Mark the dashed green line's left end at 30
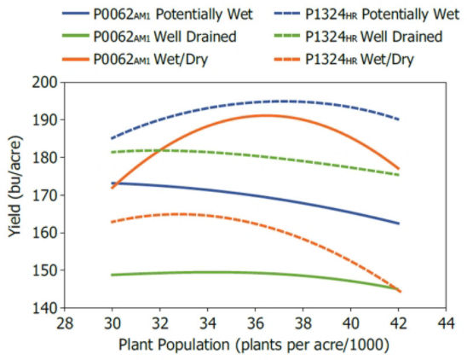click(112, 152)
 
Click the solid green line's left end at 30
click(112, 275)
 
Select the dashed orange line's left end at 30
click(112, 222)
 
